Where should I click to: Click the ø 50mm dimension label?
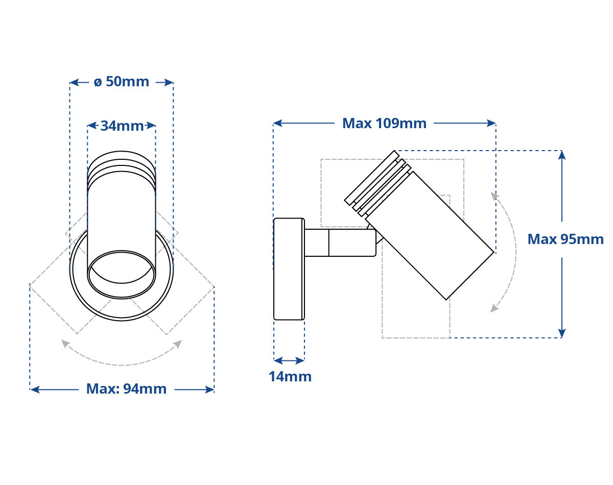(122, 82)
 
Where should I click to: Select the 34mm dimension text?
(122, 126)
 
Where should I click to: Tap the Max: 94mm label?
(126, 389)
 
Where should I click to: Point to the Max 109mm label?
(384, 124)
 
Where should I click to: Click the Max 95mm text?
(565, 239)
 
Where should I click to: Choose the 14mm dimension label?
(290, 377)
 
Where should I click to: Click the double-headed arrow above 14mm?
(289, 361)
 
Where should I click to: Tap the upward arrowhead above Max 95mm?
(562, 155)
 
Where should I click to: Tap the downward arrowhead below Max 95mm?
(562, 333)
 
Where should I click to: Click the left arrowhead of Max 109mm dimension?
(278, 123)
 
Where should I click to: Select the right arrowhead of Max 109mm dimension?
(491, 123)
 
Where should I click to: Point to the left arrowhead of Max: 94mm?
(35, 390)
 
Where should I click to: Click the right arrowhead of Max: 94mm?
(209, 390)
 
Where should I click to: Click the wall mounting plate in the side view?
(289, 269)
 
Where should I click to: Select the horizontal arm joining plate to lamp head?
(340, 243)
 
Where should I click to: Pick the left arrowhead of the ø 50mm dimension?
(75, 83)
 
